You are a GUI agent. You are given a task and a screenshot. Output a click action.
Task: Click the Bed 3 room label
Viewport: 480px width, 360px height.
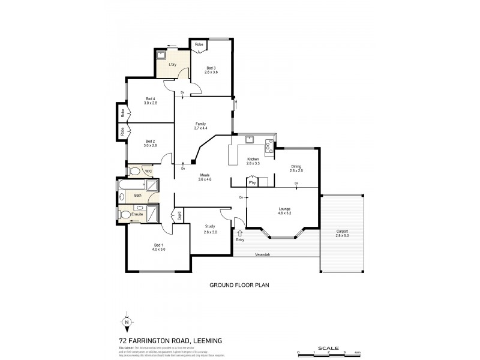point(211,68)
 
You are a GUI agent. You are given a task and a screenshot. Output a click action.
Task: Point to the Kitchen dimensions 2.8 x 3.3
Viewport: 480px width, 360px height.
point(253,163)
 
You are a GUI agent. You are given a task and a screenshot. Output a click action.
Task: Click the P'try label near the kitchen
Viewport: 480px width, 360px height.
point(253,182)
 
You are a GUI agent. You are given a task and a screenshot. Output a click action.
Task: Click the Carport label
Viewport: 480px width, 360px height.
point(342,232)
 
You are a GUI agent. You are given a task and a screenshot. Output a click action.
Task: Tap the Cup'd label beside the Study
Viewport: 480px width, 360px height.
point(179,216)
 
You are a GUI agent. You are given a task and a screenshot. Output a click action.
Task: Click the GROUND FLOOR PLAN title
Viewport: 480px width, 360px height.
point(239,286)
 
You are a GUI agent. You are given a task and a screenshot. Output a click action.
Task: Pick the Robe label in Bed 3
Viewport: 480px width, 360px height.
point(199,44)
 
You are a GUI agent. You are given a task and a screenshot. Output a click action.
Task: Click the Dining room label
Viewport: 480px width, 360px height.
point(296,167)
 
